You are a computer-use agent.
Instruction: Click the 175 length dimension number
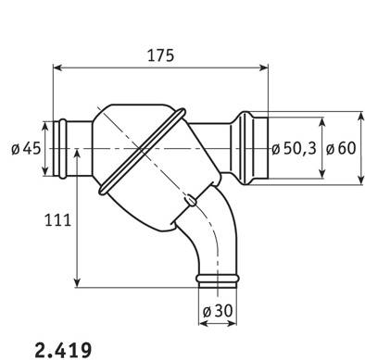pos(160,56)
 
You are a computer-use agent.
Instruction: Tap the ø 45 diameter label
pos(26,149)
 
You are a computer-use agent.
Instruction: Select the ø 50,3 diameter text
pos(294,148)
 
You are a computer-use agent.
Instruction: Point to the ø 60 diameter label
pos(341,148)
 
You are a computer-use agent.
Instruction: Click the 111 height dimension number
pos(57,220)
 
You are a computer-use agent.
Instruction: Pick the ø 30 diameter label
pos(218,311)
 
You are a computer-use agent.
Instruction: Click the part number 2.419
pos(63,350)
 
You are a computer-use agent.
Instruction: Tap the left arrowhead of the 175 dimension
pos(58,68)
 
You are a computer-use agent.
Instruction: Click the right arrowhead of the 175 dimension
pos(263,68)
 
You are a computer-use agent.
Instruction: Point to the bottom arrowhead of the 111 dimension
pos(77,282)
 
